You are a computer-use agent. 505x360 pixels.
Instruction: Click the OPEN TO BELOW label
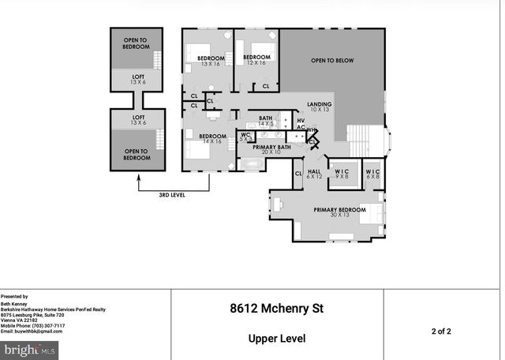(x=332, y=61)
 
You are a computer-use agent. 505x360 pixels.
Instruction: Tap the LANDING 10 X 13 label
(x=319, y=107)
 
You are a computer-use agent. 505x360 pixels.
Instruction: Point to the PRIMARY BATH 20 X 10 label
(x=271, y=150)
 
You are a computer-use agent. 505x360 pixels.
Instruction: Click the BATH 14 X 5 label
(x=266, y=122)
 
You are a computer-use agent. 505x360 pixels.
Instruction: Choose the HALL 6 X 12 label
(x=315, y=174)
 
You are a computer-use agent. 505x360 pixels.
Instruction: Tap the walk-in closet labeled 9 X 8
(x=342, y=174)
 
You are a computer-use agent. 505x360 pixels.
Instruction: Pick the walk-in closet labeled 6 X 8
(x=372, y=174)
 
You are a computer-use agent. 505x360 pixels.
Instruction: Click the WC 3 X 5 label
(x=245, y=137)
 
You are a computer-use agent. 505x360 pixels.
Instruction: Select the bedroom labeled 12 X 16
(x=256, y=61)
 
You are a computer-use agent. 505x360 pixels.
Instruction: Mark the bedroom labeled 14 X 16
(x=212, y=139)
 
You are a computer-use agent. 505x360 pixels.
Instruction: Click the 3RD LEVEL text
(x=172, y=194)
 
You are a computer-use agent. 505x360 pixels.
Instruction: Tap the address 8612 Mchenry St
(x=277, y=308)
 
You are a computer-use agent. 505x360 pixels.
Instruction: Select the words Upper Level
(x=277, y=338)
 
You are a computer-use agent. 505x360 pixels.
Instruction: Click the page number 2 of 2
(x=441, y=330)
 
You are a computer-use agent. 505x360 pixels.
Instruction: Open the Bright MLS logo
(x=29, y=349)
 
